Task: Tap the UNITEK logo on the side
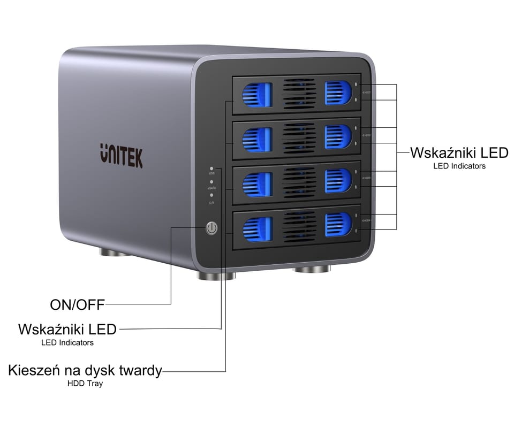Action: [121, 155]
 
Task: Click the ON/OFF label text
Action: [77, 305]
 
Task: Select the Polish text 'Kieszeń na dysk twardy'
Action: [85, 370]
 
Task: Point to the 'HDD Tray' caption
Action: [85, 383]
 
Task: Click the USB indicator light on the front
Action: [212, 168]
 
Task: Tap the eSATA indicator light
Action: [212, 182]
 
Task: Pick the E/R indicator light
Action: [212, 196]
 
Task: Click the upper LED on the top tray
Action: [356, 84]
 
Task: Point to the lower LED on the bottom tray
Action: [356, 231]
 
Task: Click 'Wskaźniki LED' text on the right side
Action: [459, 153]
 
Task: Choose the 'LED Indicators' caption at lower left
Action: [67, 342]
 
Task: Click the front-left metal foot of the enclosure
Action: [216, 276]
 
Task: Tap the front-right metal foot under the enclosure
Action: [313, 269]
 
